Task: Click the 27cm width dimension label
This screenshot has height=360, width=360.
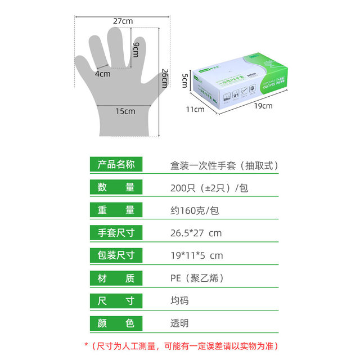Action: [123, 21]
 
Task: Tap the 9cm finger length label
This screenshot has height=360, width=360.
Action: [136, 49]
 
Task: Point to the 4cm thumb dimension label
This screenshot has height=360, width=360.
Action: [102, 74]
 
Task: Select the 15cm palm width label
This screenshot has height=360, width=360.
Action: [125, 111]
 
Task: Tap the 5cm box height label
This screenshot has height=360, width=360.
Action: [183, 80]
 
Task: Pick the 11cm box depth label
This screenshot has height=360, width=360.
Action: [196, 109]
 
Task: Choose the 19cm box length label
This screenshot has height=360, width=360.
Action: [263, 105]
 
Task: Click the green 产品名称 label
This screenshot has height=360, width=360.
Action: [116, 165]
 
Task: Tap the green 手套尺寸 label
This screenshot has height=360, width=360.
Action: [116, 232]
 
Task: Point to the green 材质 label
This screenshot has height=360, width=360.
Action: [116, 277]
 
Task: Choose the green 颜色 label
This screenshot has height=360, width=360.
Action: [116, 323]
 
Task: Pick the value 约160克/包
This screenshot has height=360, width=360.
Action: [195, 210]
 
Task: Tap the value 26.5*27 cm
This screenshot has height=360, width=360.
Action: [196, 233]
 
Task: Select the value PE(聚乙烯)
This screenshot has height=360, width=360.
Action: [199, 278]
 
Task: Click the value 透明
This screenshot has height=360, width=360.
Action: [180, 323]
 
